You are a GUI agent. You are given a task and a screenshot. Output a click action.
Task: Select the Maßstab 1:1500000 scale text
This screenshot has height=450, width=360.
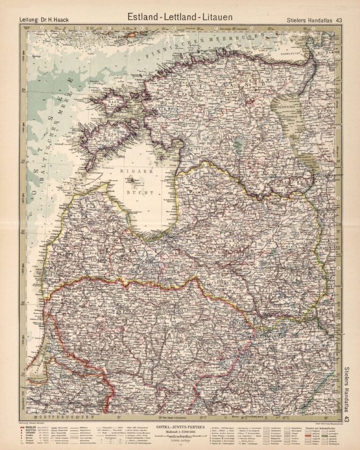pyautogui.click(x=180, y=432)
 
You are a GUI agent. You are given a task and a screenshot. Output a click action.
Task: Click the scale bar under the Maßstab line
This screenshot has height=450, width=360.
pyautogui.click(x=180, y=438)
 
